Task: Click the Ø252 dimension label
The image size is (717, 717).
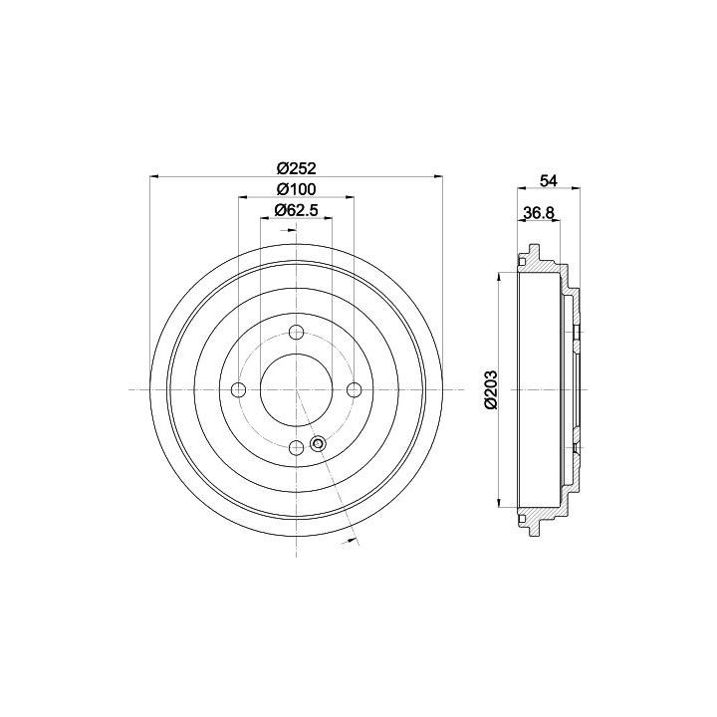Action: pyautogui.click(x=297, y=168)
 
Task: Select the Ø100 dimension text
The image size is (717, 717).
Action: pyautogui.click(x=297, y=189)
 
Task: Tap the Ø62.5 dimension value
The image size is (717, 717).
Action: pyautogui.click(x=297, y=210)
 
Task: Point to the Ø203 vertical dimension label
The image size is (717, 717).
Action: pyautogui.click(x=490, y=389)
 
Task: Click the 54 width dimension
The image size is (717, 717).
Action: pyautogui.click(x=549, y=180)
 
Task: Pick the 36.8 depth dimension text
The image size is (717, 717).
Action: pyautogui.click(x=538, y=213)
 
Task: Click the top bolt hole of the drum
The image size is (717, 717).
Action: pyautogui.click(x=297, y=332)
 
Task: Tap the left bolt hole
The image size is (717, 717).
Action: pyautogui.click(x=239, y=389)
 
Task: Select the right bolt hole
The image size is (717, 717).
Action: pyautogui.click(x=355, y=389)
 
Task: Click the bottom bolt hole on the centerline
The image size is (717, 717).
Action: pyautogui.click(x=297, y=448)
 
